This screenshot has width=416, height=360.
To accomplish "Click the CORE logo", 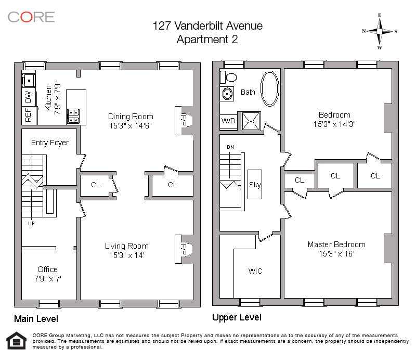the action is pyautogui.click(x=31, y=17).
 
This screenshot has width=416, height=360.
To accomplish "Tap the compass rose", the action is pyautogui.click(x=380, y=31).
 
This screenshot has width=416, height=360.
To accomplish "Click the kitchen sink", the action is pyautogui.click(x=29, y=81).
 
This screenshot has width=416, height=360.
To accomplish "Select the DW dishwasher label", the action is pyautogui.click(x=28, y=97).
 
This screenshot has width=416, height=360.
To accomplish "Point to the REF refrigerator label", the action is pyautogui.click(x=28, y=114).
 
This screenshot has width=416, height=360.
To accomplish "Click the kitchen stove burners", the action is pyautogui.click(x=73, y=117).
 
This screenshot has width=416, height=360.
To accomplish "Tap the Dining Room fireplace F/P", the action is pyautogui.click(x=184, y=120).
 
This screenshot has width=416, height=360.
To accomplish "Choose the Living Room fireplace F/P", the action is pyautogui.click(x=184, y=249).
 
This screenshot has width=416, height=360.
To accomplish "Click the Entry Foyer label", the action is pyautogui.click(x=50, y=143).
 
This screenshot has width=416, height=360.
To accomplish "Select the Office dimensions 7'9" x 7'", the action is pyautogui.click(x=48, y=279).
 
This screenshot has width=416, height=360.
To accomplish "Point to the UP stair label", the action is pyautogui.click(x=31, y=224).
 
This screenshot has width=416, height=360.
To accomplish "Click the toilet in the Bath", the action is pyautogui.click(x=228, y=78).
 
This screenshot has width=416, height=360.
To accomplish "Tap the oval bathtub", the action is pyautogui.click(x=270, y=88).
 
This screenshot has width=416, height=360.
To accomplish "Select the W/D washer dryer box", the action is pyautogui.click(x=228, y=121).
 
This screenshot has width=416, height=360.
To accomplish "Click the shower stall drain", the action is pyautogui.click(x=251, y=121).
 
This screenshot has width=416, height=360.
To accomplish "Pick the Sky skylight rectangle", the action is pyautogui.click(x=255, y=185).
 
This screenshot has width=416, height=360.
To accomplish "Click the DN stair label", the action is pyautogui.click(x=230, y=147).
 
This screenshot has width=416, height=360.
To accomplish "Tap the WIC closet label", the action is pyautogui.click(x=255, y=271).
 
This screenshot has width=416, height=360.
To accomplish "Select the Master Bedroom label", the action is pyautogui.click(x=336, y=245).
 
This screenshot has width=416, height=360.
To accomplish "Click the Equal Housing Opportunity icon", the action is pyautogui.click(x=17, y=341).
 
